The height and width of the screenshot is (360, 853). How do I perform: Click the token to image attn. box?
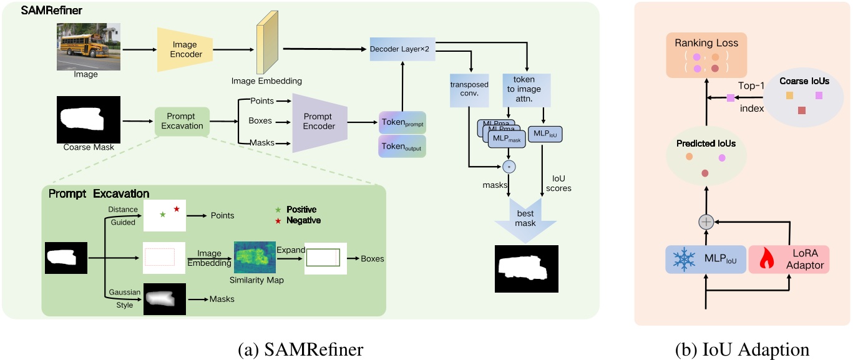tap(526, 89)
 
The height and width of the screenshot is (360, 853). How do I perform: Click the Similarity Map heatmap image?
tap(255, 257)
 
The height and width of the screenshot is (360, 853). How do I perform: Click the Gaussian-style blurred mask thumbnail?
tap(165, 299)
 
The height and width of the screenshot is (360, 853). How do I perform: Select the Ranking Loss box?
tap(706, 55)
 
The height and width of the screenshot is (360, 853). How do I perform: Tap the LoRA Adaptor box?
tap(789, 258)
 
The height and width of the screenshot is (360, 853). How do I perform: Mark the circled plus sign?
tap(706, 221)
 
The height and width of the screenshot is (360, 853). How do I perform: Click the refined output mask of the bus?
tap(526, 269)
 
